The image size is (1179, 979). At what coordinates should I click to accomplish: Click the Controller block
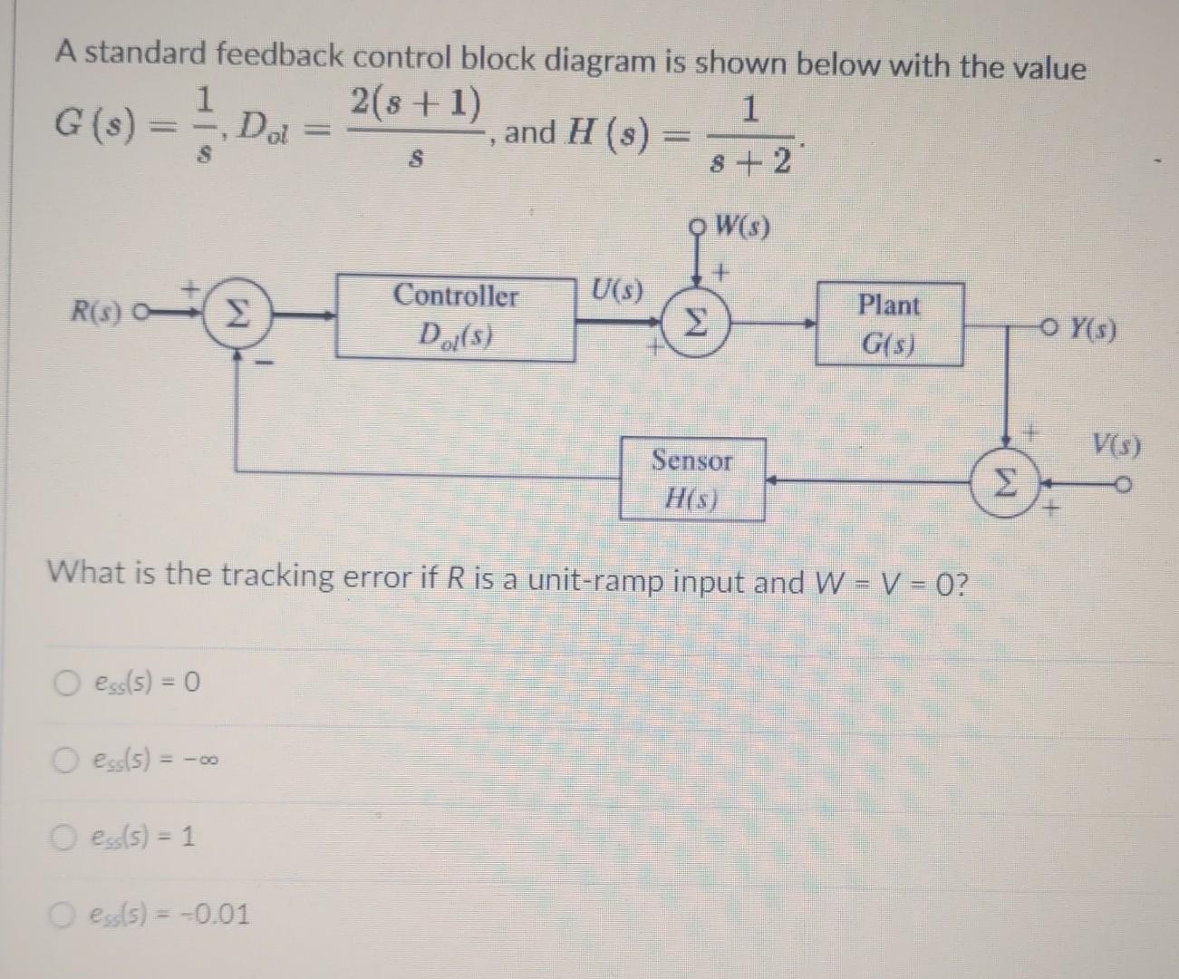(x=456, y=316)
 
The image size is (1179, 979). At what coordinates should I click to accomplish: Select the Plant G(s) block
(x=889, y=324)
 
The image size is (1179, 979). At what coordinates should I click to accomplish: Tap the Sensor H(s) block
(x=691, y=479)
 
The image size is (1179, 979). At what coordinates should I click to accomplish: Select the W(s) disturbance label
(x=742, y=227)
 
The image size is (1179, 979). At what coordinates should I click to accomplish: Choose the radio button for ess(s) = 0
(x=63, y=680)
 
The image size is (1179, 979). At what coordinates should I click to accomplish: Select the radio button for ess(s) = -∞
(x=63, y=758)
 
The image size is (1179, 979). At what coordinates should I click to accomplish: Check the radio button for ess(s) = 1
(x=63, y=836)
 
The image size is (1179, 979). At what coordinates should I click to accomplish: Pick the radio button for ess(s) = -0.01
(x=63, y=913)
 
